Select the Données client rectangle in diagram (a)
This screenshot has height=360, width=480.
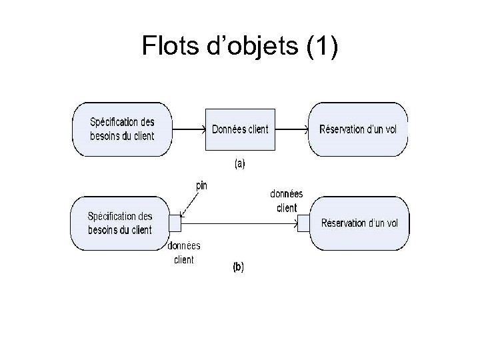click(240, 129)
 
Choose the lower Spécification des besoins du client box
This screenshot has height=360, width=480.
click(120, 223)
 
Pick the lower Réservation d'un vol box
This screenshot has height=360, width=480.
click(359, 223)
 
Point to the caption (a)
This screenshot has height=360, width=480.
click(239, 163)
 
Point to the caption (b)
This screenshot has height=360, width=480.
click(238, 267)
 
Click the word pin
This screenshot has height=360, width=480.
click(200, 186)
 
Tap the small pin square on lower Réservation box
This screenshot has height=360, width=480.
click(304, 223)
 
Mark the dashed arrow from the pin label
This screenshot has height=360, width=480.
click(191, 204)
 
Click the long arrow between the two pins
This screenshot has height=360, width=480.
click(240, 224)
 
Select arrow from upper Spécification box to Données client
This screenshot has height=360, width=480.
click(189, 129)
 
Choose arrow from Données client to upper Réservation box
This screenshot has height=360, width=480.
click(291, 129)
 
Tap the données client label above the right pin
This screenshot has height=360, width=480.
click(286, 201)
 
